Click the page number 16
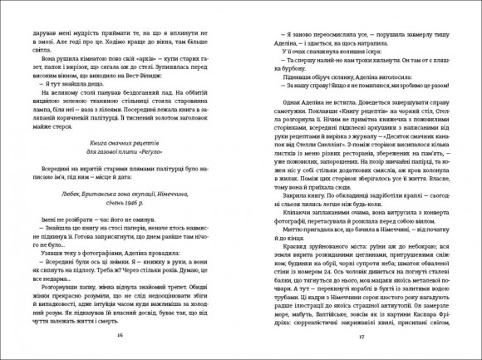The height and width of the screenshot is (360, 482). (121, 335)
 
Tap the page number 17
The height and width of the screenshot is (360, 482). (360, 335)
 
